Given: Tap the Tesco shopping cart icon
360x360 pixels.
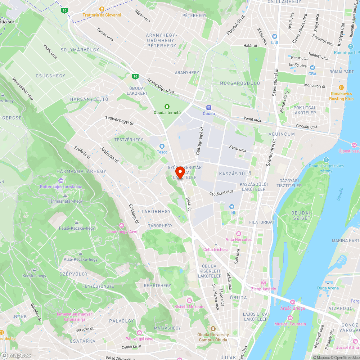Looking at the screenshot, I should click(162, 146).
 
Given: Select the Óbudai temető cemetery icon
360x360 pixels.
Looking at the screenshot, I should click(167, 106).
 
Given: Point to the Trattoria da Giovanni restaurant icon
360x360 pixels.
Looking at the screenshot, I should click(102, 9).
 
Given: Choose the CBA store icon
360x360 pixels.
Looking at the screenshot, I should click(312, 68).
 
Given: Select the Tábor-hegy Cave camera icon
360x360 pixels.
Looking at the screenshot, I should click(121, 225).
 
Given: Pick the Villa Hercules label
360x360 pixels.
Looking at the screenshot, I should click(239, 239).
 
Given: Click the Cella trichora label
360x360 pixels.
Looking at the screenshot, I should click(216, 249).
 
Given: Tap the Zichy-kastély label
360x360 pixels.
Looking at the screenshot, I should click(264, 289).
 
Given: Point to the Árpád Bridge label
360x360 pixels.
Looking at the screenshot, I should click(292, 308).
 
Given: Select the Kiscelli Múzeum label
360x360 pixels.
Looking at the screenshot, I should click(189, 307).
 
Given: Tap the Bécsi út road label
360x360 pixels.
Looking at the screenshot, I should click(188, 204).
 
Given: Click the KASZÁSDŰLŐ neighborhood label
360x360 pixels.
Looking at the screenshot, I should click(235, 174).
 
